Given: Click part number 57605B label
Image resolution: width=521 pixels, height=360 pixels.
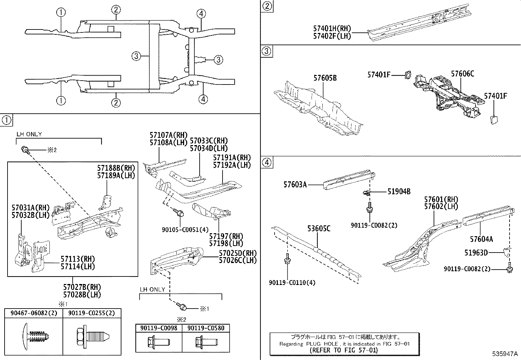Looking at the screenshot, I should pyautogui.click(x=325, y=78).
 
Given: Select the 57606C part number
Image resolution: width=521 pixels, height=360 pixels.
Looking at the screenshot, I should pyautogui.click(x=462, y=74).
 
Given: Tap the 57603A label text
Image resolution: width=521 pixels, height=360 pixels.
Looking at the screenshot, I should pyautogui.click(x=295, y=185).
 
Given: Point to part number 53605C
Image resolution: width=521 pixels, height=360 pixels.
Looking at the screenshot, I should pyautogui.click(x=319, y=228).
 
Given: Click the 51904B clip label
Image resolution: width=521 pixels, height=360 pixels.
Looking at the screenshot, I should pyautogui.click(x=399, y=192).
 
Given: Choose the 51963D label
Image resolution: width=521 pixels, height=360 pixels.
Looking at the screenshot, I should pyautogui.click(x=476, y=253).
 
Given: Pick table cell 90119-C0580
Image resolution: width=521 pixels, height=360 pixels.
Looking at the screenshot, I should pyautogui.click(x=206, y=328).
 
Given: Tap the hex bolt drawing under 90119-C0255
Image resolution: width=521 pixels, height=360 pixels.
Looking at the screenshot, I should pyautogui.click(x=92, y=336).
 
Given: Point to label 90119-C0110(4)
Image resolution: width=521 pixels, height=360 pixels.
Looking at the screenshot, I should pyautogui.click(x=292, y=282).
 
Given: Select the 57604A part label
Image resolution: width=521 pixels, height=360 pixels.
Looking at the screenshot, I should pyautogui.click(x=481, y=239).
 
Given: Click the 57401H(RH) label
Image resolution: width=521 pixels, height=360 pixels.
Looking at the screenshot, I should pyautogui.click(x=332, y=29).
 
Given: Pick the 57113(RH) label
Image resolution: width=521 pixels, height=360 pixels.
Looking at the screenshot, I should pyautogui.click(x=78, y=259).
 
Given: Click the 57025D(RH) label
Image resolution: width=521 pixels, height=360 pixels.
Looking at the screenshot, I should pyautogui.click(x=238, y=253).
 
